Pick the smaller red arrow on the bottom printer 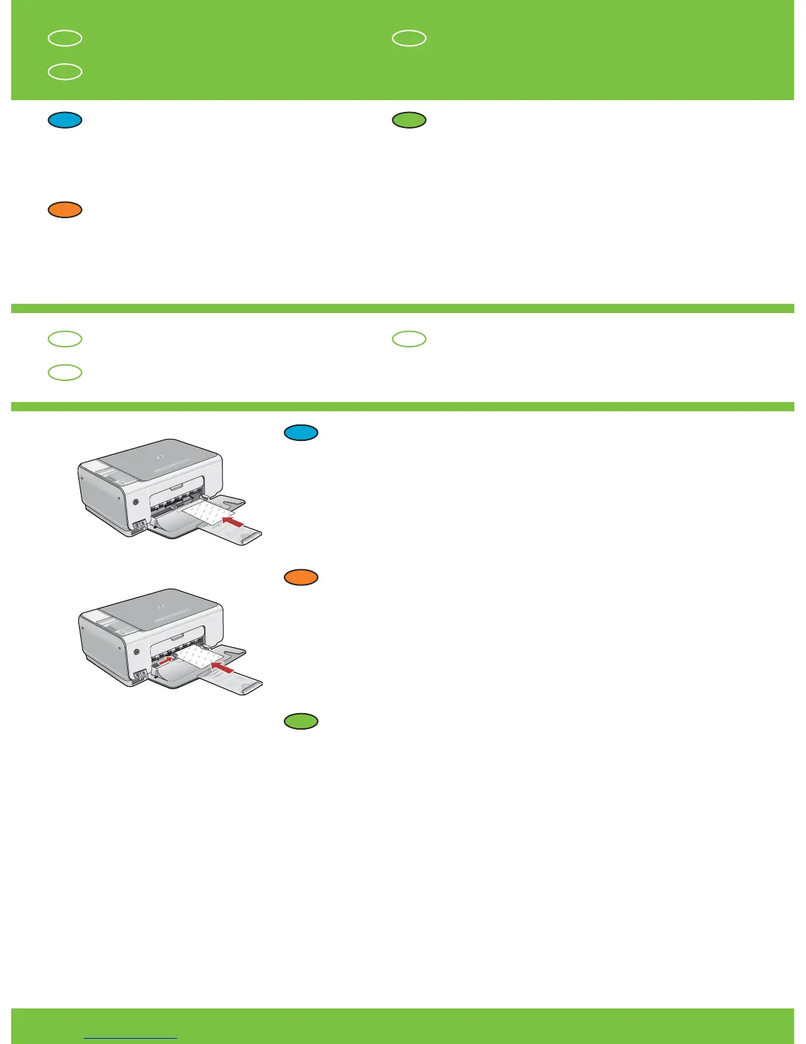[168, 658]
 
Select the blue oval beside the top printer [302, 433]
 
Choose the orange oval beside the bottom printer [302, 577]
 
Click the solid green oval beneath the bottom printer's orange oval [302, 722]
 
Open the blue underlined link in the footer [131, 1037]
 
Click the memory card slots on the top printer [139, 527]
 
